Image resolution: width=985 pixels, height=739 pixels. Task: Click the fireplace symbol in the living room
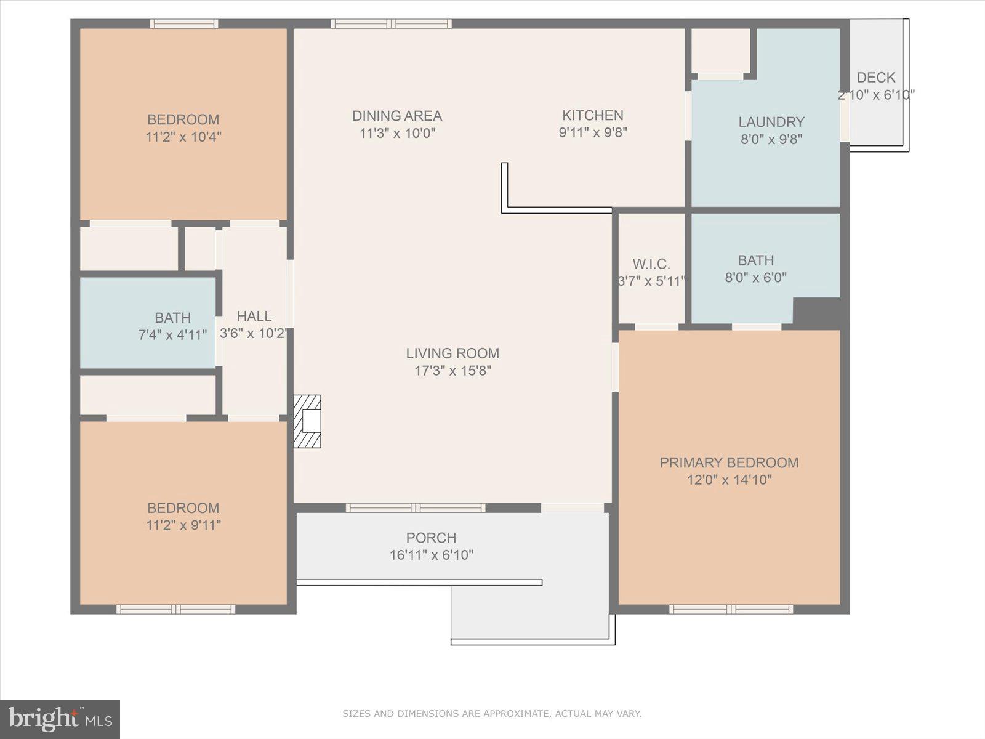(307, 421)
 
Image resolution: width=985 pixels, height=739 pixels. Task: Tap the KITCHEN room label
(592, 115)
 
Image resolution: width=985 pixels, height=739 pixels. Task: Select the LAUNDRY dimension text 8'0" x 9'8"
(771, 139)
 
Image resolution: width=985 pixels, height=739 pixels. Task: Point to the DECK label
(875, 78)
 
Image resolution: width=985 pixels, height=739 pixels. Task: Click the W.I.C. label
(651, 264)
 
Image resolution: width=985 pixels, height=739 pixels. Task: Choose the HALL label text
(254, 316)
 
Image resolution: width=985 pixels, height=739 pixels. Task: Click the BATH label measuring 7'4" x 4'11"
(172, 318)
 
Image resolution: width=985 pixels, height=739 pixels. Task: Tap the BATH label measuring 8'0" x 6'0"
(755, 260)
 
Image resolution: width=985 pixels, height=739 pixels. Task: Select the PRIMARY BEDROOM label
(729, 462)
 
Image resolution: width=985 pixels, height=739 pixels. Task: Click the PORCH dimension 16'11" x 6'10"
(431, 555)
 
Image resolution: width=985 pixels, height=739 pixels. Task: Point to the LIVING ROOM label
(452, 353)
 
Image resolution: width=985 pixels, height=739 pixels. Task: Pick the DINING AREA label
(397, 116)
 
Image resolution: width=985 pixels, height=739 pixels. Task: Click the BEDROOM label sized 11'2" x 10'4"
(183, 119)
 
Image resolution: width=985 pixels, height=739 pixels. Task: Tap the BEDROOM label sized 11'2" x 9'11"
(183, 508)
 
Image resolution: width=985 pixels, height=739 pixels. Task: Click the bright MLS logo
(60, 719)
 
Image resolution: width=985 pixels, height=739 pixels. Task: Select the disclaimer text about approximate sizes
(492, 714)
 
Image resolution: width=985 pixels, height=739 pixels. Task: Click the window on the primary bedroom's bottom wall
(731, 610)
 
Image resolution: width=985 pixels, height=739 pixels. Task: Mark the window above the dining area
(391, 24)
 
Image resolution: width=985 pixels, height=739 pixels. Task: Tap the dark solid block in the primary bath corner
(816, 311)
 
